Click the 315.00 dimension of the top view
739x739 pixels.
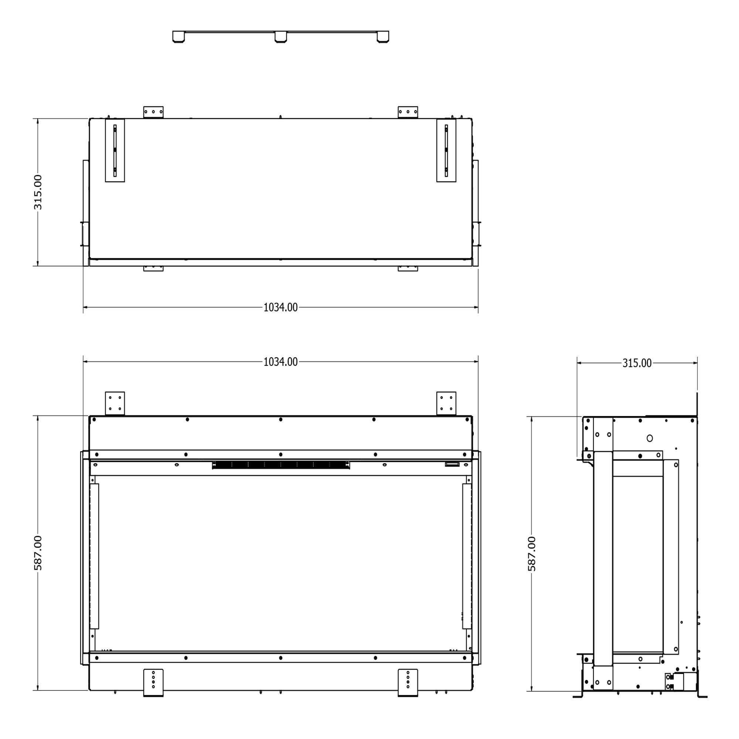coord(38,192)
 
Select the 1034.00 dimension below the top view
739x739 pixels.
coord(280,307)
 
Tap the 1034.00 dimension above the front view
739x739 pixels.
coord(280,362)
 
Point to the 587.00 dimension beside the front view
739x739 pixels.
coord(38,553)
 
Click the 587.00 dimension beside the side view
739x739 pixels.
coord(532,554)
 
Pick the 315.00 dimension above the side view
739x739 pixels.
coord(637,363)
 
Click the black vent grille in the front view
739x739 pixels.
coord(281,465)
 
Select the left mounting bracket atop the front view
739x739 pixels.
coord(115,403)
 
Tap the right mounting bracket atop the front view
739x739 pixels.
coord(446,403)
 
